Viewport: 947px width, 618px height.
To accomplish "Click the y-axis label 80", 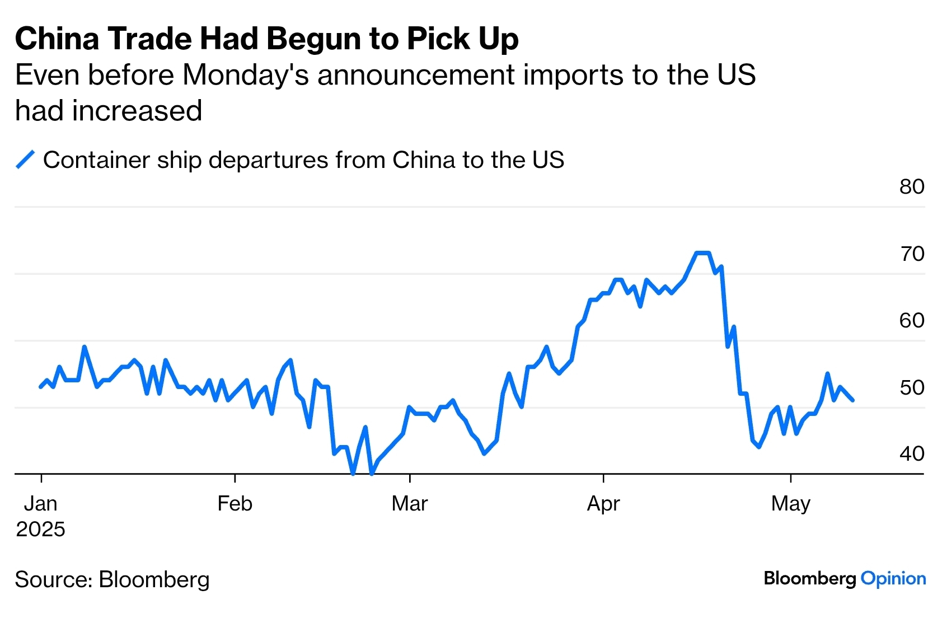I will click(912, 187).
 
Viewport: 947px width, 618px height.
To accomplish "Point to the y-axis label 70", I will click(912, 254).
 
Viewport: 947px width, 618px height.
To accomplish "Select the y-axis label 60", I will click(912, 321).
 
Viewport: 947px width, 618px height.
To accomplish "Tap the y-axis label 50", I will click(912, 387).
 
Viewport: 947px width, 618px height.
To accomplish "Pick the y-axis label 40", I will click(912, 454).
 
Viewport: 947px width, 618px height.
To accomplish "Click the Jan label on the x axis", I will click(40, 504).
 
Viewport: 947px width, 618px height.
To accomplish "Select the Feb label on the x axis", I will click(235, 504).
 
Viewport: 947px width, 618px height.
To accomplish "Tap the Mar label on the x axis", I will click(409, 504).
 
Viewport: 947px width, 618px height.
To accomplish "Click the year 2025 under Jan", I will click(40, 530).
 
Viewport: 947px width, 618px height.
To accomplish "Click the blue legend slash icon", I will click(25, 160).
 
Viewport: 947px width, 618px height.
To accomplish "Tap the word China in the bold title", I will click(57, 39).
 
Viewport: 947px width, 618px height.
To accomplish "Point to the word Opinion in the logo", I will click(893, 579).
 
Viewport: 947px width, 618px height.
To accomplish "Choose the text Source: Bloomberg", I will click(112, 580).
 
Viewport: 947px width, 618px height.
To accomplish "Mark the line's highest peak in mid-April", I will click(702, 253).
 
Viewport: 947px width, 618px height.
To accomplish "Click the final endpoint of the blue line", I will click(852, 400).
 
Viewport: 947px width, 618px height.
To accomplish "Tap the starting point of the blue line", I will click(40, 387).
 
